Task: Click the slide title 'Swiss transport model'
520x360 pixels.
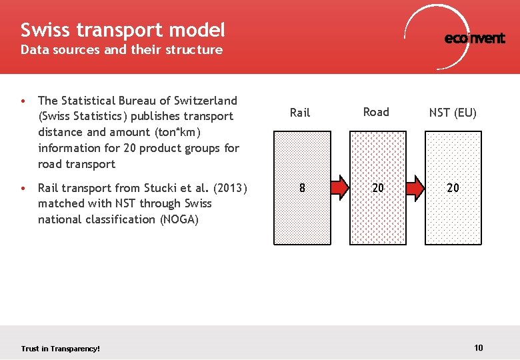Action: pos(123,30)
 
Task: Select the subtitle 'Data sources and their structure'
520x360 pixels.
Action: pos(121,50)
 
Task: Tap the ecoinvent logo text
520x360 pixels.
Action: pos(475,39)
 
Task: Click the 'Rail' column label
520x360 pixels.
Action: pos(300,113)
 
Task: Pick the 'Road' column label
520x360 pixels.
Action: pos(376,112)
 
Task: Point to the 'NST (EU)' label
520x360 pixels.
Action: pos(453,113)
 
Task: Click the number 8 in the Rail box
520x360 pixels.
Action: pos(302,188)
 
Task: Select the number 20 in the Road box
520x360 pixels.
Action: pos(378,188)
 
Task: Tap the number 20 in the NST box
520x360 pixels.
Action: pos(453,188)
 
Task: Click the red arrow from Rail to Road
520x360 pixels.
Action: pos(339,188)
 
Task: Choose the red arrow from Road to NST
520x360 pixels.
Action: pos(415,188)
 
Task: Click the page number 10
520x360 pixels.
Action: pos(479,347)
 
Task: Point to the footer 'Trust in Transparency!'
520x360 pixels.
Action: pos(60,349)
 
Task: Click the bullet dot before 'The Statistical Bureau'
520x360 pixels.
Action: pos(23,101)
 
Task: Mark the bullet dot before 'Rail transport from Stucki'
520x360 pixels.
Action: pos(23,188)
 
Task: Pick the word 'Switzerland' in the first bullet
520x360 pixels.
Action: pos(206,101)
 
